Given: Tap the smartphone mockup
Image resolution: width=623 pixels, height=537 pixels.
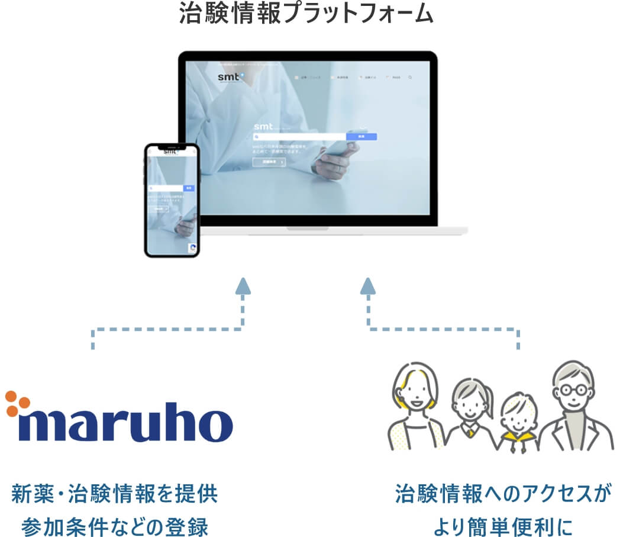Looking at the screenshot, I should pos(172,200).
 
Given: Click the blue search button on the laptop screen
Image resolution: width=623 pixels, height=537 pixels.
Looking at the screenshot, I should pos(361,136).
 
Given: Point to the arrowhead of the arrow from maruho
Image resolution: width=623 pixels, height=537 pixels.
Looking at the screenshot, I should pos(243,286).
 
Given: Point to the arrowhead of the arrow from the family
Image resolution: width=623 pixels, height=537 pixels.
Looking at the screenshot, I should pos(368,286).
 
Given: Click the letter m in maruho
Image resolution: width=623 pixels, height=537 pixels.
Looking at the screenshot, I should pos(41,424).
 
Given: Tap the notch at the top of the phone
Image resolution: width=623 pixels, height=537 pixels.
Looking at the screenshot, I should pos(172,146).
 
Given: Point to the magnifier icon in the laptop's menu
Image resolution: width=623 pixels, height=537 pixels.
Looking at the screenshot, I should pos(410,77).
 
